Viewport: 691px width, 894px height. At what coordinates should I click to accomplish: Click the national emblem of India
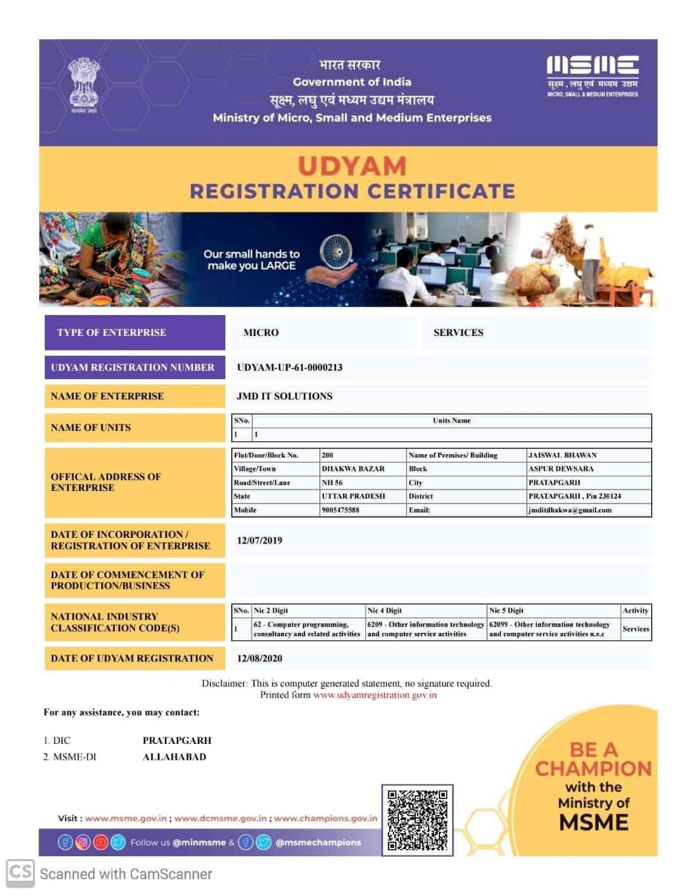click(x=84, y=85)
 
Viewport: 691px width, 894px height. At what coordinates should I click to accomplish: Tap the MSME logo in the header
click(x=592, y=75)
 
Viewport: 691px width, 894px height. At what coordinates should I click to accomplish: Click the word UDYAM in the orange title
click(x=351, y=166)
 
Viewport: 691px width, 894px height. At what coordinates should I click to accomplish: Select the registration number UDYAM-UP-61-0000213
click(x=289, y=367)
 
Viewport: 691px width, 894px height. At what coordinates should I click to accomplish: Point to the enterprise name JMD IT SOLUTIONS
click(x=284, y=396)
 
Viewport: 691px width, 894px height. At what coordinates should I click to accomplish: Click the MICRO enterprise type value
click(x=261, y=332)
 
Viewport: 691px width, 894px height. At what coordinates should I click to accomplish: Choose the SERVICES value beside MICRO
click(x=458, y=332)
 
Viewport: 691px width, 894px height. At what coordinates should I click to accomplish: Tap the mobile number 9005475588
click(x=340, y=510)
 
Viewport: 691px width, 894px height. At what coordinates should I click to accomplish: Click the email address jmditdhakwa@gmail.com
click(x=569, y=510)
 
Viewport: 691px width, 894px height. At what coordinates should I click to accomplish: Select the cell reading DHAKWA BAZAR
click(x=353, y=469)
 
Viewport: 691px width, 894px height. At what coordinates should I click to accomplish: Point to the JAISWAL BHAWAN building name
click(x=562, y=455)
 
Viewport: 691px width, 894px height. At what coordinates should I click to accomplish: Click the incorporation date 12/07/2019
click(x=259, y=541)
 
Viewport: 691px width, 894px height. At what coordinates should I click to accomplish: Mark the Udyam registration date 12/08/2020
click(x=259, y=658)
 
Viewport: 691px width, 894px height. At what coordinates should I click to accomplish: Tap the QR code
click(x=417, y=820)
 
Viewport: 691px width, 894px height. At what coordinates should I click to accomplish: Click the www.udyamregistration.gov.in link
click(x=374, y=695)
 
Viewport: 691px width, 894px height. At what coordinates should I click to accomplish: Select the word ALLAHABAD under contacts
click(x=174, y=757)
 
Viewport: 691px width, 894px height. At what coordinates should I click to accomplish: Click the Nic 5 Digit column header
click(x=506, y=610)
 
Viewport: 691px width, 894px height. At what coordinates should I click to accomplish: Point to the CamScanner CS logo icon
click(x=20, y=872)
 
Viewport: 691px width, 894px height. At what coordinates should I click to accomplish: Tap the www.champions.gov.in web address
click(x=325, y=818)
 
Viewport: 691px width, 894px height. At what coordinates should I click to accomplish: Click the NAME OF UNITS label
click(x=91, y=427)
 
